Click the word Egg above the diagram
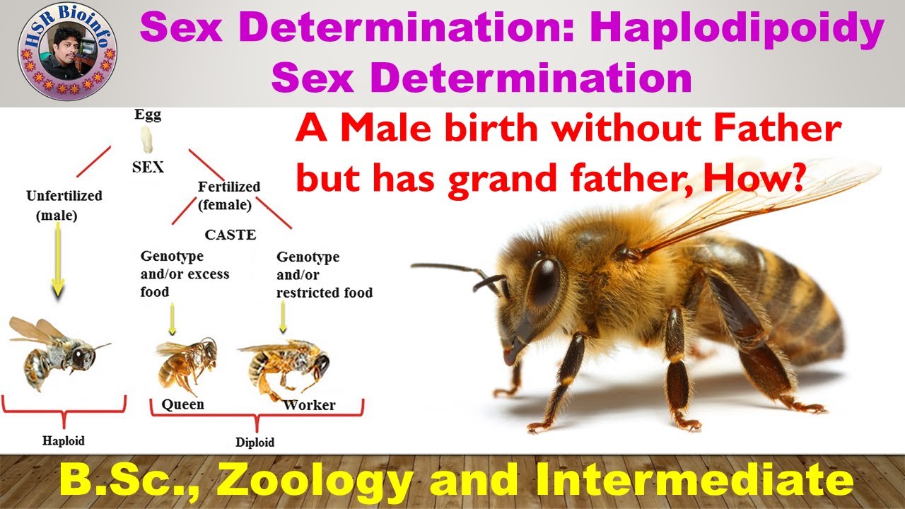(148, 115)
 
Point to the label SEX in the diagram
(148, 167)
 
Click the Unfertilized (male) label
(64, 206)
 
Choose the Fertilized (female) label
(228, 196)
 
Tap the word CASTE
(230, 235)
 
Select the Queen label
(182, 404)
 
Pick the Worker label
(309, 405)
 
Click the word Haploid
(62, 440)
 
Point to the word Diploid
(255, 443)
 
